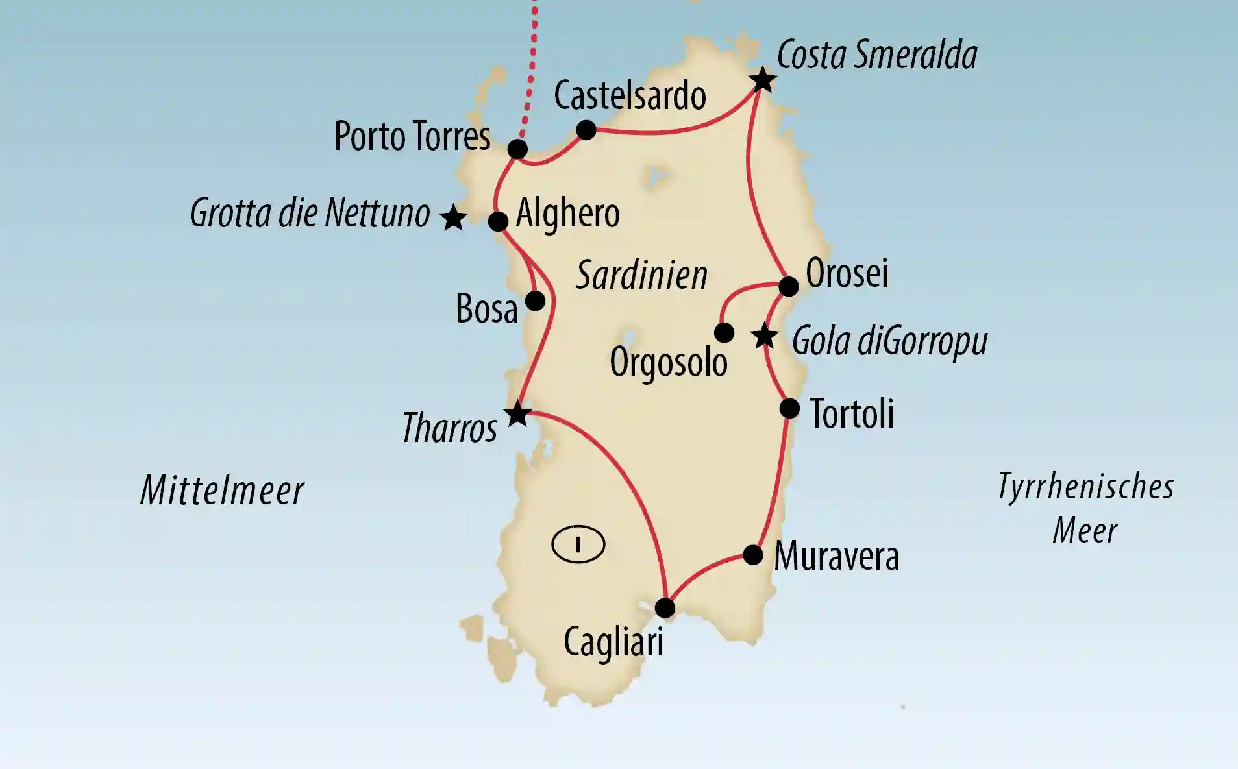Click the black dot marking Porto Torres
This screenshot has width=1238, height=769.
click(x=517, y=149)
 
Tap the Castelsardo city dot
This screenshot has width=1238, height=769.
click(x=586, y=130)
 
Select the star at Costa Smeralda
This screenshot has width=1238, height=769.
click(x=762, y=80)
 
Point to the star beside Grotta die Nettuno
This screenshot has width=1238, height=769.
click(x=452, y=218)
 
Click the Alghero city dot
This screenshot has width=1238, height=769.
click(x=498, y=221)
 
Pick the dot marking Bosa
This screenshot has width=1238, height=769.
click(x=535, y=300)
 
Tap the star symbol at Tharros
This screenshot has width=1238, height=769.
click(x=517, y=414)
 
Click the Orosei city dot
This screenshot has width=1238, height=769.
click(x=788, y=286)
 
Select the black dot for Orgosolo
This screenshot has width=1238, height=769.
click(x=724, y=333)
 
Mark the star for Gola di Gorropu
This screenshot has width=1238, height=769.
click(x=764, y=337)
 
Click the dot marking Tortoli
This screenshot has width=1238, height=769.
click(x=789, y=409)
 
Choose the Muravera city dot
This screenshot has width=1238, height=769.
click(x=753, y=555)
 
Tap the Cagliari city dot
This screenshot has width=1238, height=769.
click(x=665, y=608)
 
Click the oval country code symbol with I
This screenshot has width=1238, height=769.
click(x=578, y=544)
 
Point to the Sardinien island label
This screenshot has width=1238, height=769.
click(x=641, y=275)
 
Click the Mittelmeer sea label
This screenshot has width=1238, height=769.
click(x=222, y=490)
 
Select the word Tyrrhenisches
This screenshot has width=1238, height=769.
click(x=1085, y=487)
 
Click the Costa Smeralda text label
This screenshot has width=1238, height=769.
click(x=876, y=55)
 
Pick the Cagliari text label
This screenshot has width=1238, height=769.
click(x=613, y=642)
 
